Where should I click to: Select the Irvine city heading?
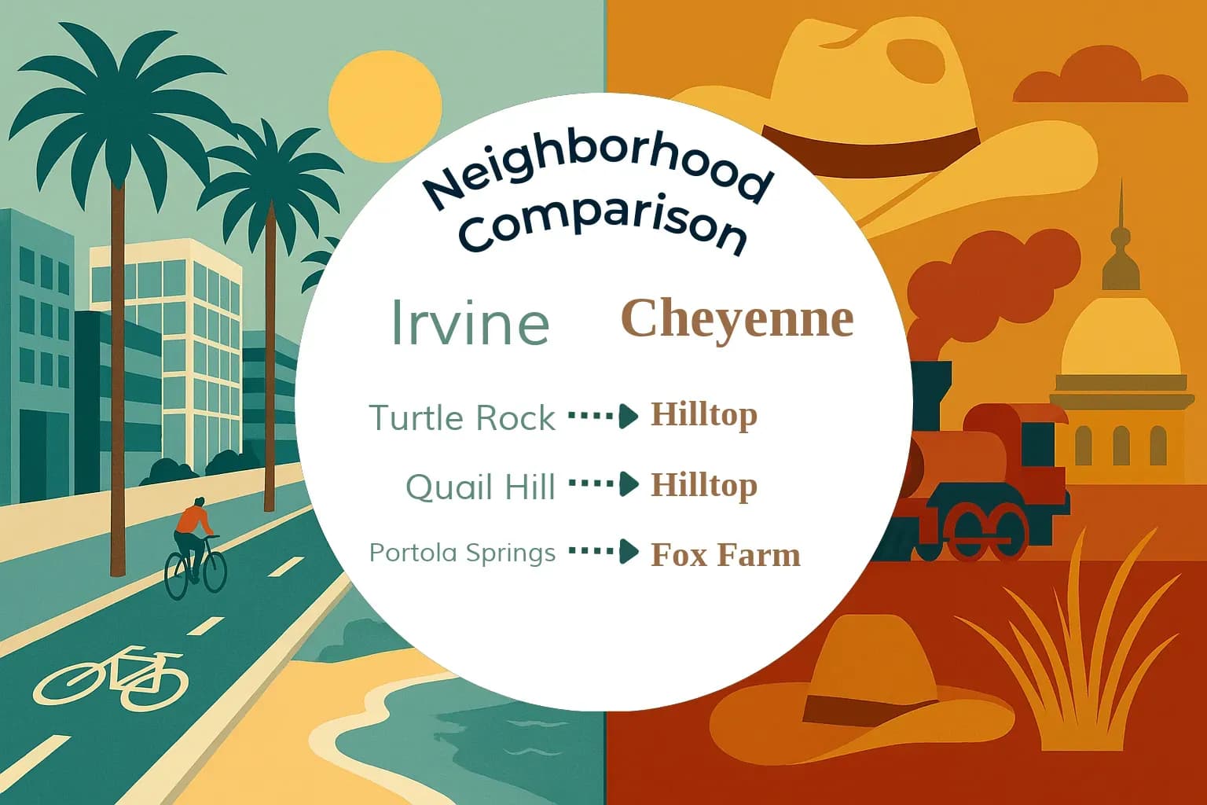pos(470,322)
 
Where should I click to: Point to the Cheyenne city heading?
pos(737,318)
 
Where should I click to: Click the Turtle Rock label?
pos(462,417)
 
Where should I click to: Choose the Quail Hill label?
pos(480,487)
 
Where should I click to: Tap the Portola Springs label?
pos(462,553)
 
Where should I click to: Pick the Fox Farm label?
pos(725,555)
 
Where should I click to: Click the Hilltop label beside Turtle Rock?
pos(703,414)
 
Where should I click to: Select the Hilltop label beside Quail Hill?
pos(703,484)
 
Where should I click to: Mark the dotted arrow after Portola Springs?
pos(603,552)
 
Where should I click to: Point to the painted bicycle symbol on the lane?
pos(110,676)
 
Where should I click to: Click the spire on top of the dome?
pos(1121,228)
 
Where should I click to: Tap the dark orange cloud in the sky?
pos(1100,79)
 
